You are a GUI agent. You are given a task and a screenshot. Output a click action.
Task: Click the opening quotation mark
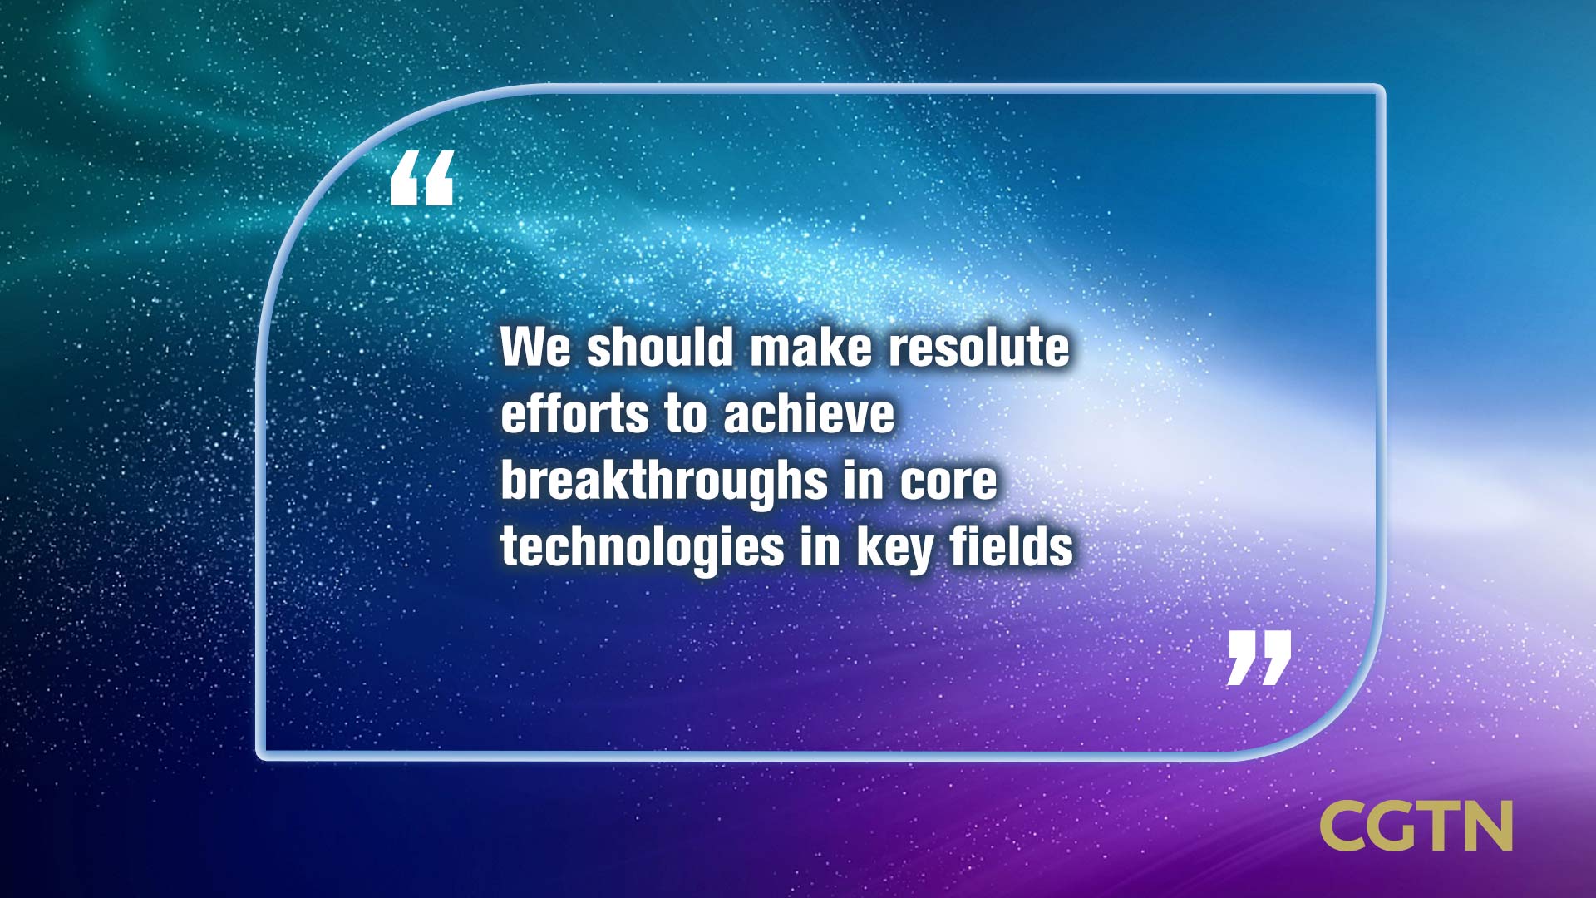(421, 178)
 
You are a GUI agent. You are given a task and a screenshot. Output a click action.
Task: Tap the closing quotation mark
(1259, 658)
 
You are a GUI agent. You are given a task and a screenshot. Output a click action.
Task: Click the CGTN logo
(1416, 826)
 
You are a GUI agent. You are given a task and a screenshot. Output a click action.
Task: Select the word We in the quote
(535, 348)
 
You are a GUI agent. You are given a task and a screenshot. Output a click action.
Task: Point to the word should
(661, 347)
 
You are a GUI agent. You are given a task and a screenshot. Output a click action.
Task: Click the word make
(811, 347)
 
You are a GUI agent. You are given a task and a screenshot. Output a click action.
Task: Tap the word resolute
(979, 347)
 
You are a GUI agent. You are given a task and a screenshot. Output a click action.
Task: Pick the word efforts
(574, 413)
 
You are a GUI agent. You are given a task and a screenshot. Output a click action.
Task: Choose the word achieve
(809, 413)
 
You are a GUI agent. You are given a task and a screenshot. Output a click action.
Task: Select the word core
(948, 481)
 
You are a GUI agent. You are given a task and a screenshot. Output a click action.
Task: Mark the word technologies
(643, 549)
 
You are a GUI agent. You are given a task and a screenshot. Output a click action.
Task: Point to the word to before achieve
(686, 415)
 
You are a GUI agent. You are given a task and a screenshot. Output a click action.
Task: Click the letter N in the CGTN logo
(1486, 826)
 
